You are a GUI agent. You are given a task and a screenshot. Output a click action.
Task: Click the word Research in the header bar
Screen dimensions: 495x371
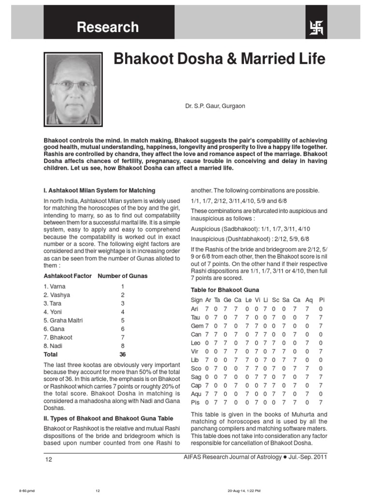point(108,28)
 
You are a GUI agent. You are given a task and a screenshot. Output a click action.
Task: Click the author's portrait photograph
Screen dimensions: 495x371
point(72,89)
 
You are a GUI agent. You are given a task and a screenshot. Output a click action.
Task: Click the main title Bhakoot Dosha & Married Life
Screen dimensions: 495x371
point(219,59)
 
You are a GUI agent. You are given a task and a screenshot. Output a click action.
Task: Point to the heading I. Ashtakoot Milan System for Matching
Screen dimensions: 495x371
point(100,190)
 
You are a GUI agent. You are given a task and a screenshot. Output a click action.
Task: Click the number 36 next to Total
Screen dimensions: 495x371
point(122,354)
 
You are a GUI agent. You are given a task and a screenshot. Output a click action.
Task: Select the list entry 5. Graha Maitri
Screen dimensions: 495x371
point(60,320)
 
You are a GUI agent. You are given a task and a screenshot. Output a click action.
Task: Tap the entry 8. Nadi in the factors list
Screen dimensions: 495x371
point(53,346)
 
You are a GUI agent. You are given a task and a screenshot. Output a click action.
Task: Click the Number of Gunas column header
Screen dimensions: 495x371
point(123,276)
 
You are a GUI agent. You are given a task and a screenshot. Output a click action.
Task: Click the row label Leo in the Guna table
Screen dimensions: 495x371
point(196,342)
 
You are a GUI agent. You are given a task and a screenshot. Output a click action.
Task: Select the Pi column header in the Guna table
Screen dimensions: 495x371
point(322,300)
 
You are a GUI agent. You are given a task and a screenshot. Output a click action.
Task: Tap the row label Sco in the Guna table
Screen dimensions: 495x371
point(196,368)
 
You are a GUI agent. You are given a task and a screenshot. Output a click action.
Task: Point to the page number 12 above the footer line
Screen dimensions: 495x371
point(49,459)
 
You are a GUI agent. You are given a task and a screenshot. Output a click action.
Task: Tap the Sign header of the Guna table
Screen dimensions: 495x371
point(197,300)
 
